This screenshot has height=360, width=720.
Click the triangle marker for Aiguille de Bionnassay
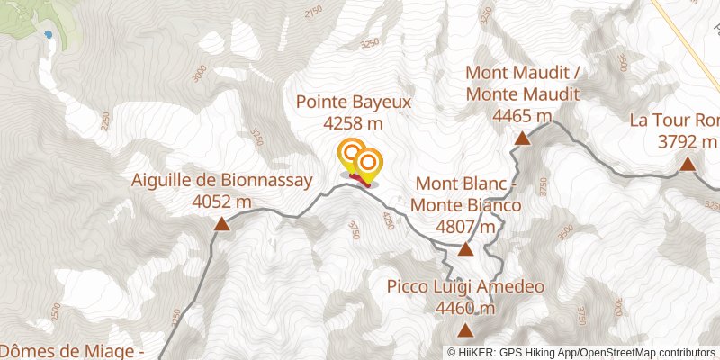click(x=221, y=223)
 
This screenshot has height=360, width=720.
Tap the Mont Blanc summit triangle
click(x=465, y=248)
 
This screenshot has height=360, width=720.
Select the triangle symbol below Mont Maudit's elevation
click(x=522, y=138)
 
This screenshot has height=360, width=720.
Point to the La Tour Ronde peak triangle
click(x=688, y=163)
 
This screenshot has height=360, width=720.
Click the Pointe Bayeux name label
click(x=354, y=103)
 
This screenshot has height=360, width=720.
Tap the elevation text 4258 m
click(x=354, y=123)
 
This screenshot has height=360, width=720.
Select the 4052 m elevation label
click(x=221, y=202)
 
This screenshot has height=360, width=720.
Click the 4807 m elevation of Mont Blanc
click(x=465, y=227)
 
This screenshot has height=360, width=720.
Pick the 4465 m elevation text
click(x=522, y=116)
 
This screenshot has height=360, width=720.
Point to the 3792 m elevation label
click(x=688, y=141)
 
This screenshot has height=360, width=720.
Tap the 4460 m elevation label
click(x=465, y=309)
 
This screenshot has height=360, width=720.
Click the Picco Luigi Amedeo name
click(x=465, y=288)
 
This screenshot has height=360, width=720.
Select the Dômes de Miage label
click(x=72, y=351)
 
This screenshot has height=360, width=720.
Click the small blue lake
click(x=48, y=35)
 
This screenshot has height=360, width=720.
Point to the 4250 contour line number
click(x=388, y=220)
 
